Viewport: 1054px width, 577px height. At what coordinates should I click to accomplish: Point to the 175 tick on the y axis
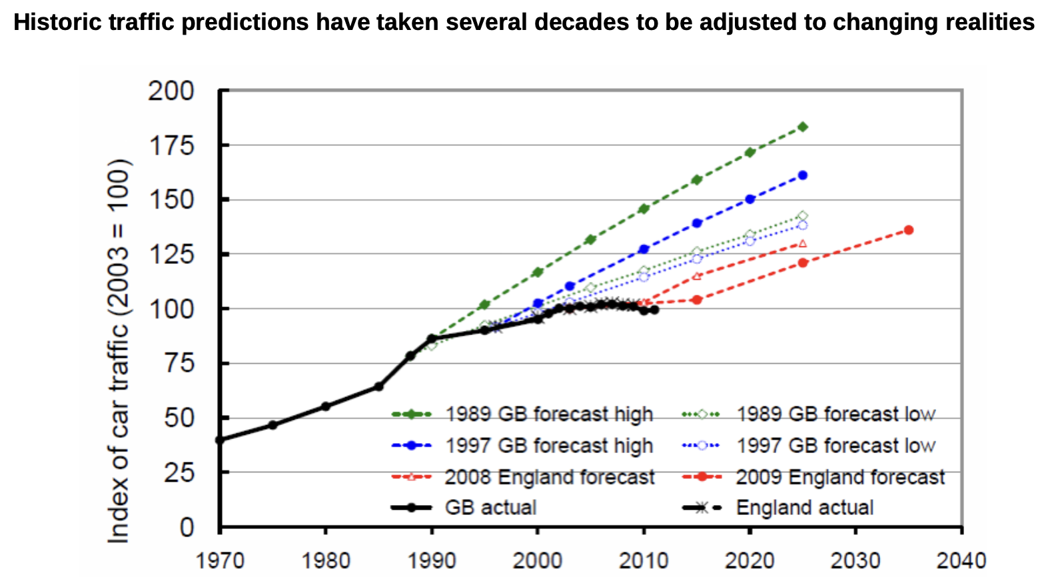(171, 145)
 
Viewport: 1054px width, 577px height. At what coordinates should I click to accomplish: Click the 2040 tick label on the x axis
(961, 560)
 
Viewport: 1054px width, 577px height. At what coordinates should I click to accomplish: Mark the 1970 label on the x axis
(220, 560)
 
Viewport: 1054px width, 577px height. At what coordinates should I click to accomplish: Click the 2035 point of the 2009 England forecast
(908, 230)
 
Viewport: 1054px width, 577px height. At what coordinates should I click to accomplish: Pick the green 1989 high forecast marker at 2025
(803, 127)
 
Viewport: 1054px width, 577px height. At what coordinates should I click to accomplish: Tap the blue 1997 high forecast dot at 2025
(803, 175)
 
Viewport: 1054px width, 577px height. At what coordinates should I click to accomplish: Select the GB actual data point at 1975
(272, 424)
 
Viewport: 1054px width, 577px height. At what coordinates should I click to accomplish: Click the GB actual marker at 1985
(378, 386)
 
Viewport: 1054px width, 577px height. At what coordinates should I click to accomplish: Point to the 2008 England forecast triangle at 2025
(803, 244)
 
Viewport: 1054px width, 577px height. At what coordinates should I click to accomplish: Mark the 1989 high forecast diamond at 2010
(644, 209)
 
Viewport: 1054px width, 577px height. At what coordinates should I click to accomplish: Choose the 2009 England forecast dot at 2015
(697, 300)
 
